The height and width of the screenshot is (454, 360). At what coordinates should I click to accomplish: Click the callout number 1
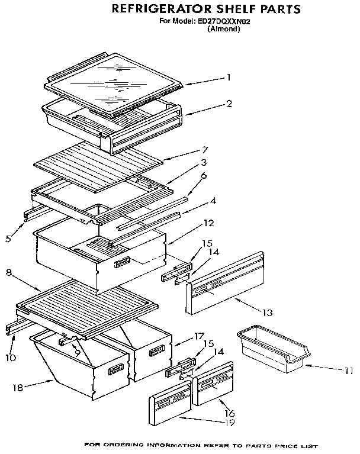point(229,77)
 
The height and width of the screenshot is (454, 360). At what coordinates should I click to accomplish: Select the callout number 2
point(229,104)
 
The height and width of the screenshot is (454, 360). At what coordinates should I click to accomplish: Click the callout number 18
point(18,388)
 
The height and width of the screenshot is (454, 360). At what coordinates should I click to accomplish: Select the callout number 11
point(349,371)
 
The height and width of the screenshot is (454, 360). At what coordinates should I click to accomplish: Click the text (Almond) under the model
point(223,28)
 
